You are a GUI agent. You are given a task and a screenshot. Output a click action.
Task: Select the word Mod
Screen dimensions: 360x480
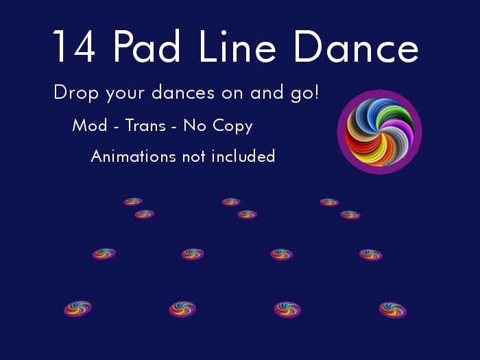[x=88, y=126]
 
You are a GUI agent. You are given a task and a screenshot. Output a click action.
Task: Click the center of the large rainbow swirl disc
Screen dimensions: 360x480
[x=379, y=132]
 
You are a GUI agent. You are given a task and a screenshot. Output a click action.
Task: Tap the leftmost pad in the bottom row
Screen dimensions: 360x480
[x=77, y=309]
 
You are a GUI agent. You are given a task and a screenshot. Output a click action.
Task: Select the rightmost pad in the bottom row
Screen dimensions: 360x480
[x=393, y=310]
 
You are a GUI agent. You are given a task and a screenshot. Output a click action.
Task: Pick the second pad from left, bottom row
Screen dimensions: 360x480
[x=182, y=309]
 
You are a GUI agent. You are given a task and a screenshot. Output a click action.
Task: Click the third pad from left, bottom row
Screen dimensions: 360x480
[x=287, y=309]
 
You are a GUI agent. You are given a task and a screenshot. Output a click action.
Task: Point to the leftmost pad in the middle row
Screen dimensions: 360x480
[x=104, y=254]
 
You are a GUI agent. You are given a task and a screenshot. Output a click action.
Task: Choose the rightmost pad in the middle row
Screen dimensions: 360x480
[x=370, y=254]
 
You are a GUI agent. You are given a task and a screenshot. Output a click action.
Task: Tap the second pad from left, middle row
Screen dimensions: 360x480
[x=193, y=254]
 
